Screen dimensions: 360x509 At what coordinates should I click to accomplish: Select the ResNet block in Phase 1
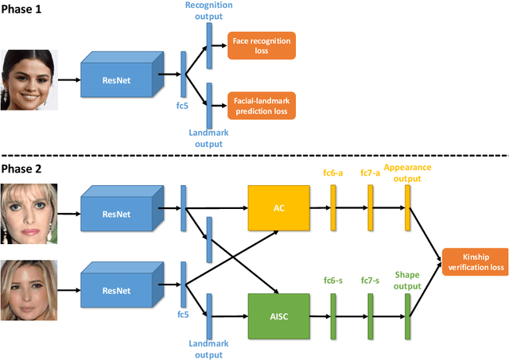point(117,79)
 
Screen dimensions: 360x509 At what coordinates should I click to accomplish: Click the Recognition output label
point(210,10)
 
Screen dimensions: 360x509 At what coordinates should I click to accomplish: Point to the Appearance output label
point(407,172)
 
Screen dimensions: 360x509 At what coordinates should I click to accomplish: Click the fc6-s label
point(333,280)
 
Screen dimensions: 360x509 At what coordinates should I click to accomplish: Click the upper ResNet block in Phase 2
point(117,213)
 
